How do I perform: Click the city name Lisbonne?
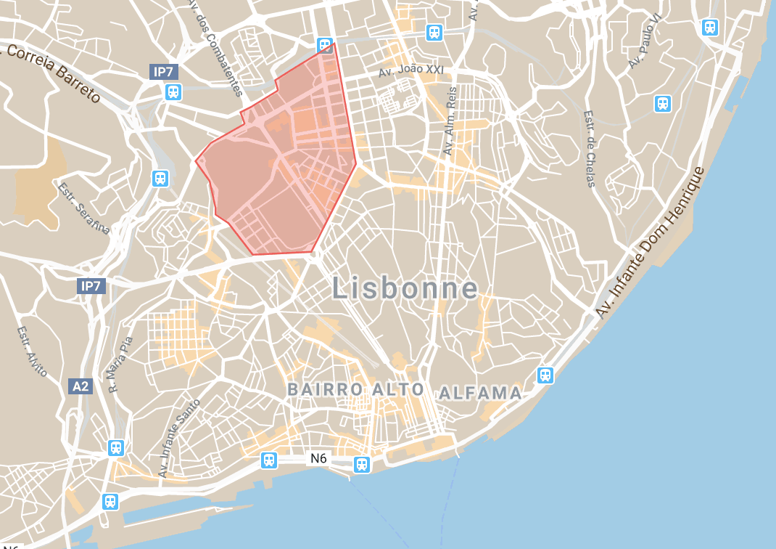coord(405,289)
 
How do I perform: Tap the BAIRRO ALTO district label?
coord(355,389)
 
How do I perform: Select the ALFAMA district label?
coord(480,394)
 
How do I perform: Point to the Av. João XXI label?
coord(411,71)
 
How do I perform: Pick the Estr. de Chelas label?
coord(590,149)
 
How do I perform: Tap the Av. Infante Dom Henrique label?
coord(650,243)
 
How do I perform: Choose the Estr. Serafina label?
coord(83,209)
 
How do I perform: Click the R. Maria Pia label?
coord(120,364)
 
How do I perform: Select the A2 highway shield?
coord(81,386)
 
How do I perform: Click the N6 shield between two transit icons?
coord(318,458)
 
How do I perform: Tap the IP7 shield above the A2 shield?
coord(91,286)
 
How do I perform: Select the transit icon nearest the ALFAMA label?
coord(545,375)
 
